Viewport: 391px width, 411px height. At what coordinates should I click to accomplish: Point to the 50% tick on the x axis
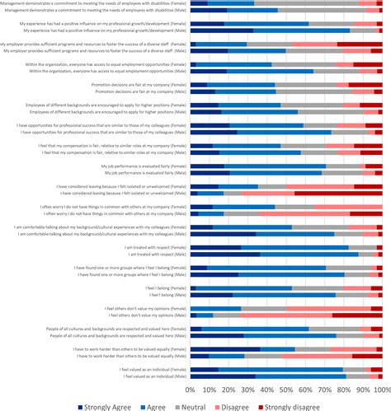tap(286, 388)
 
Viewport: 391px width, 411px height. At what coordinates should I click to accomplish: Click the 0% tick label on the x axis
tap(191, 388)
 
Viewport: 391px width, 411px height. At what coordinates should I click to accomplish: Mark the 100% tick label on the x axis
tap(380, 388)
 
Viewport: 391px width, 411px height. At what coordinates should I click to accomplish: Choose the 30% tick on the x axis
tap(247, 388)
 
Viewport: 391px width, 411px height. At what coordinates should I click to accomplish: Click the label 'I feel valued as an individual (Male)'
tap(155, 376)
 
